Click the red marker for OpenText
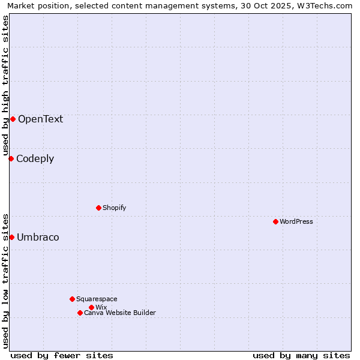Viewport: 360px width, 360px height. pyautogui.click(x=13, y=119)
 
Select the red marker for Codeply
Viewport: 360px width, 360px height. pyautogui.click(x=11, y=158)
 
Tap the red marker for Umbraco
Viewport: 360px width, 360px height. pyautogui.click(x=11, y=237)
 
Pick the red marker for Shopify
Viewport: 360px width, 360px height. pyautogui.click(x=98, y=208)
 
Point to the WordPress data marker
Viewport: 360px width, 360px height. pyautogui.click(x=275, y=221)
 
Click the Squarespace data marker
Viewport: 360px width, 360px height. pyautogui.click(x=72, y=299)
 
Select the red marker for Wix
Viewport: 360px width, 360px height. pyautogui.click(x=91, y=307)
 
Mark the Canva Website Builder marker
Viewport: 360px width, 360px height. pyautogui.click(x=80, y=313)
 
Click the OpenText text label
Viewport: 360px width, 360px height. pyautogui.click(x=40, y=119)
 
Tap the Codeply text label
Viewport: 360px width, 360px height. pyautogui.click(x=35, y=158)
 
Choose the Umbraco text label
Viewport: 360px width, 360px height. pyautogui.click(x=38, y=237)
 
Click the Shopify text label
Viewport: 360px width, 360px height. pyautogui.click(x=114, y=208)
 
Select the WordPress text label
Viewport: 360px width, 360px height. pyautogui.click(x=296, y=221)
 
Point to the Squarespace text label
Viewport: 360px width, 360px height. pyautogui.click(x=97, y=299)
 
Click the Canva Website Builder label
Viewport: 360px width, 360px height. pyautogui.click(x=120, y=313)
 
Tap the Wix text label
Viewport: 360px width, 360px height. pyautogui.click(x=101, y=307)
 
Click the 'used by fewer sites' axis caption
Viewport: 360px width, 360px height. pyautogui.click(x=62, y=355)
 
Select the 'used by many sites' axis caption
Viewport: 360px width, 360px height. pyautogui.click(x=301, y=355)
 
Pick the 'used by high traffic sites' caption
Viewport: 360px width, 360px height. pyautogui.click(x=5, y=84)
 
